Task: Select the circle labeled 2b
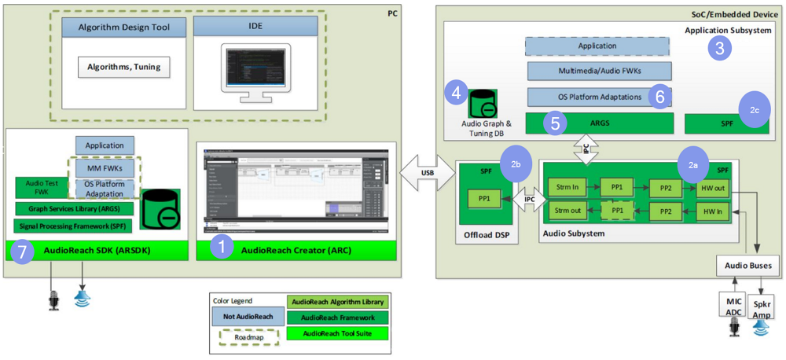tap(516, 163)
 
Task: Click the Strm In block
tap(565, 189)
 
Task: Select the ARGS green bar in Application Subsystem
tap(599, 123)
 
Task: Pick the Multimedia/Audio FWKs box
tap(599, 72)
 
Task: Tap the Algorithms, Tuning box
tap(124, 67)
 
